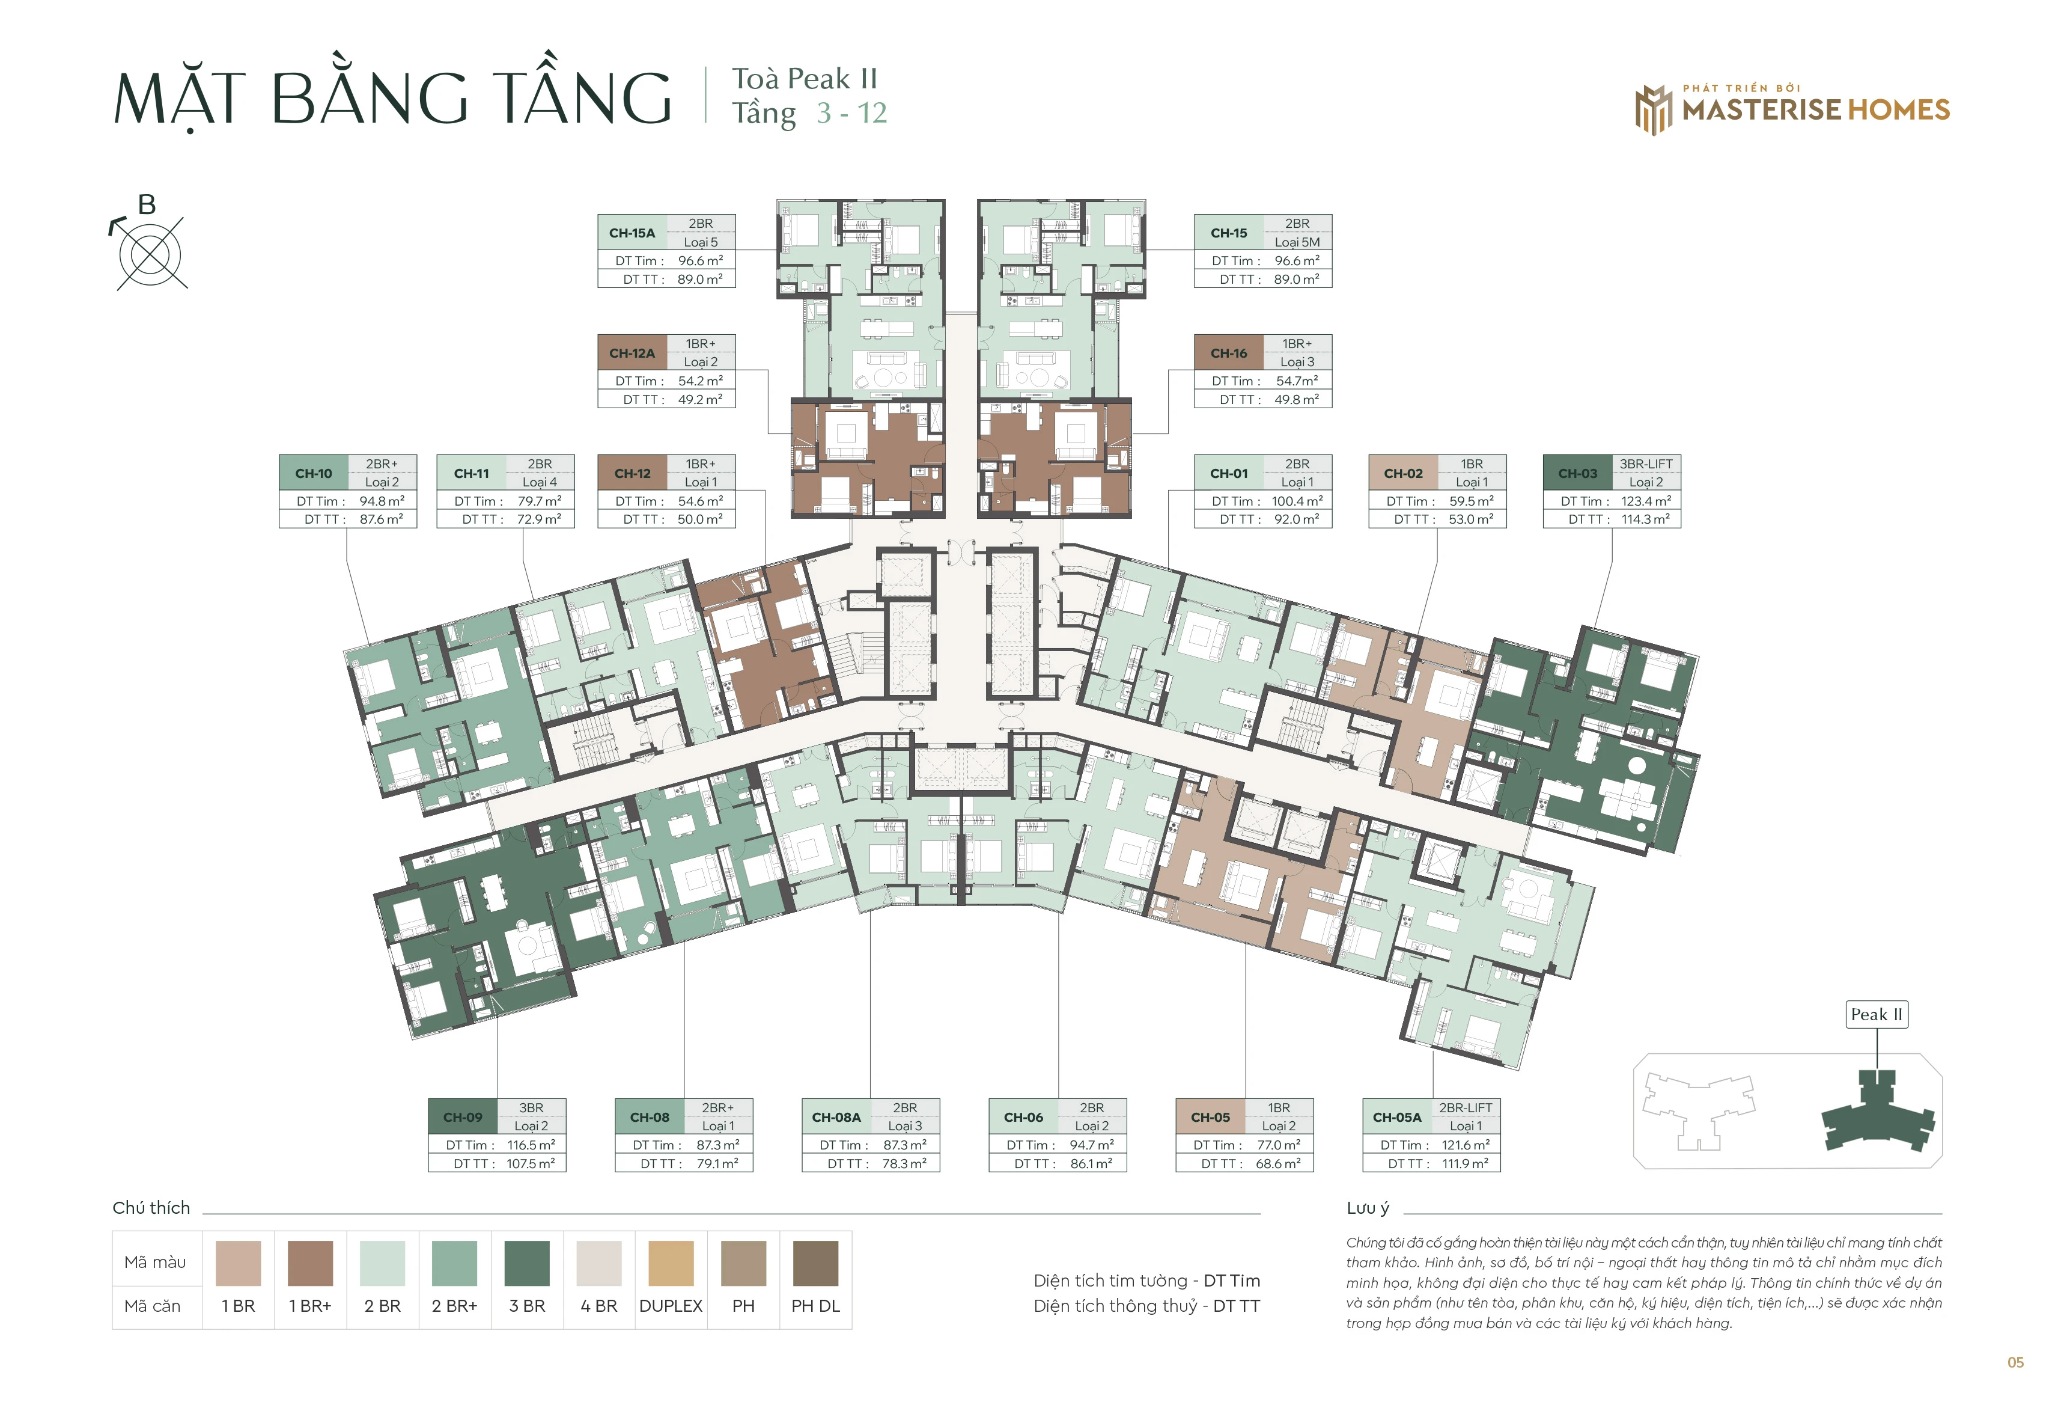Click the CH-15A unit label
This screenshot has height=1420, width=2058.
tap(632, 233)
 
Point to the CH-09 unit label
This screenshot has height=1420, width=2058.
tap(463, 1118)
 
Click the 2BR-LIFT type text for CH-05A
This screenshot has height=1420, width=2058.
tap(1466, 1108)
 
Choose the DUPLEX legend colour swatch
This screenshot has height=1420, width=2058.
tap(671, 1264)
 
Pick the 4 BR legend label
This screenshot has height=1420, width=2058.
tap(598, 1306)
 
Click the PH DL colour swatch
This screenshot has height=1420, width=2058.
tap(815, 1264)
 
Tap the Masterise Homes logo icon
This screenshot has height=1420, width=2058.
tap(1654, 111)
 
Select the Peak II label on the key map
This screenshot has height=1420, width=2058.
tap(1877, 1014)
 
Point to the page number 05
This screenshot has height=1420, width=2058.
tap(2015, 1362)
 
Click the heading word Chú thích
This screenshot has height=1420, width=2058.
tap(151, 1207)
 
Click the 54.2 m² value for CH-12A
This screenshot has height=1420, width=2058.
tap(700, 381)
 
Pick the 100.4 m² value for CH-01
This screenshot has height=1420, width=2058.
tap(1297, 501)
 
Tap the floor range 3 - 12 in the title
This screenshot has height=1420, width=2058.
tap(852, 113)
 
